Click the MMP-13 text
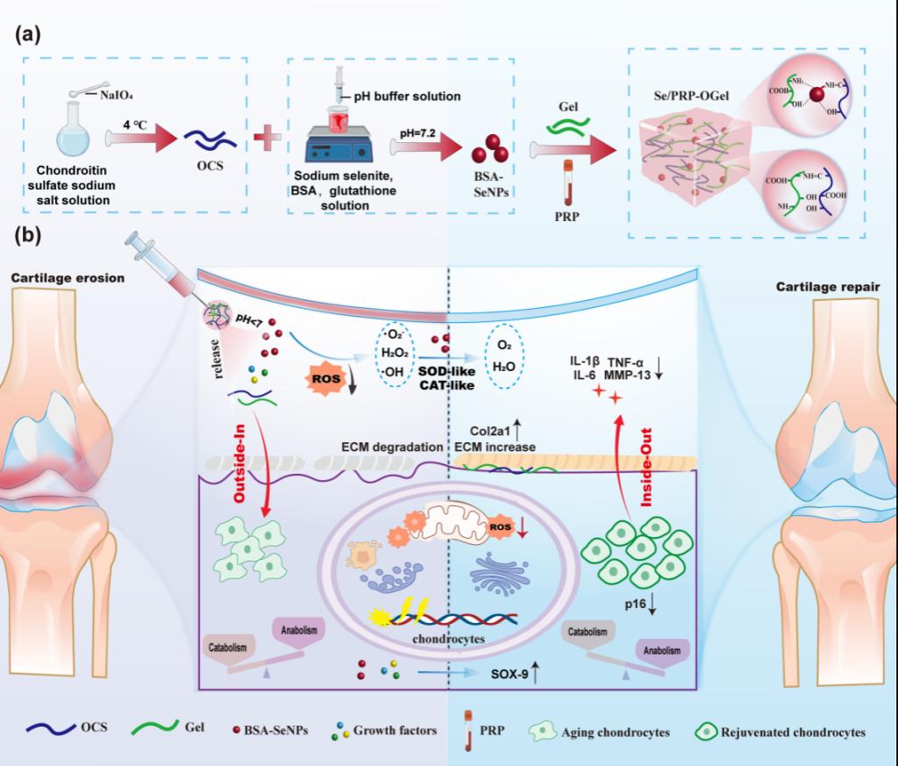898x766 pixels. pos(628,375)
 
